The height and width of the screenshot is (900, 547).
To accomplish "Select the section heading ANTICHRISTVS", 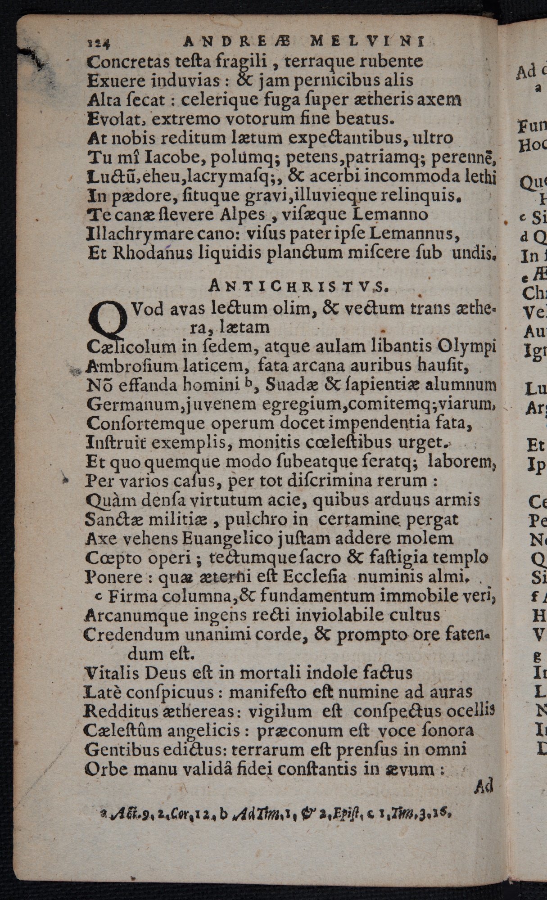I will point(297,286).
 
